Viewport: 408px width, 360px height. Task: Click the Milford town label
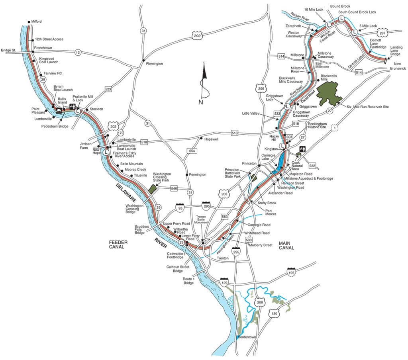click(x=36, y=22)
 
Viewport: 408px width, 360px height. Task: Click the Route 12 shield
click(x=78, y=52)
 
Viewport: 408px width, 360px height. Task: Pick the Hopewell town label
click(x=212, y=139)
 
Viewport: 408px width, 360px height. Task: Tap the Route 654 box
click(x=192, y=151)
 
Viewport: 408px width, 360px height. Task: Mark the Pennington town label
click(x=198, y=174)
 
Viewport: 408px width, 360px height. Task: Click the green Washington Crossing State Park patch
click(x=152, y=188)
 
